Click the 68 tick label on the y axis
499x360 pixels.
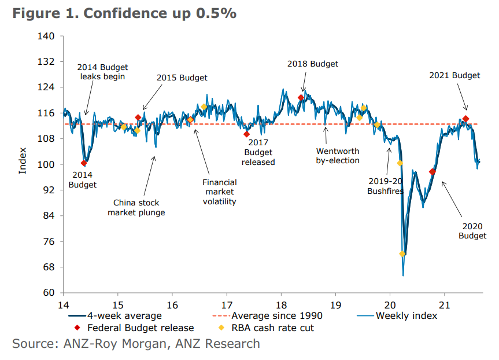click(50, 267)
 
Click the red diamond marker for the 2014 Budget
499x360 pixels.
click(84, 163)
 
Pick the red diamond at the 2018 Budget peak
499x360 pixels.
click(301, 98)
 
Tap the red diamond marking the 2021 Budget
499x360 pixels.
click(465, 119)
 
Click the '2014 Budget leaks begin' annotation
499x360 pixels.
click(102, 71)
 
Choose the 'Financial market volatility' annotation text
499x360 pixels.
click(219, 192)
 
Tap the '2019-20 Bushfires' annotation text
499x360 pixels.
click(385, 186)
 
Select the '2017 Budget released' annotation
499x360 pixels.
click(258, 152)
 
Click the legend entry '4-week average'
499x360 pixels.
click(121, 316)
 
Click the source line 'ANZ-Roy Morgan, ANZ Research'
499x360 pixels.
click(136, 344)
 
